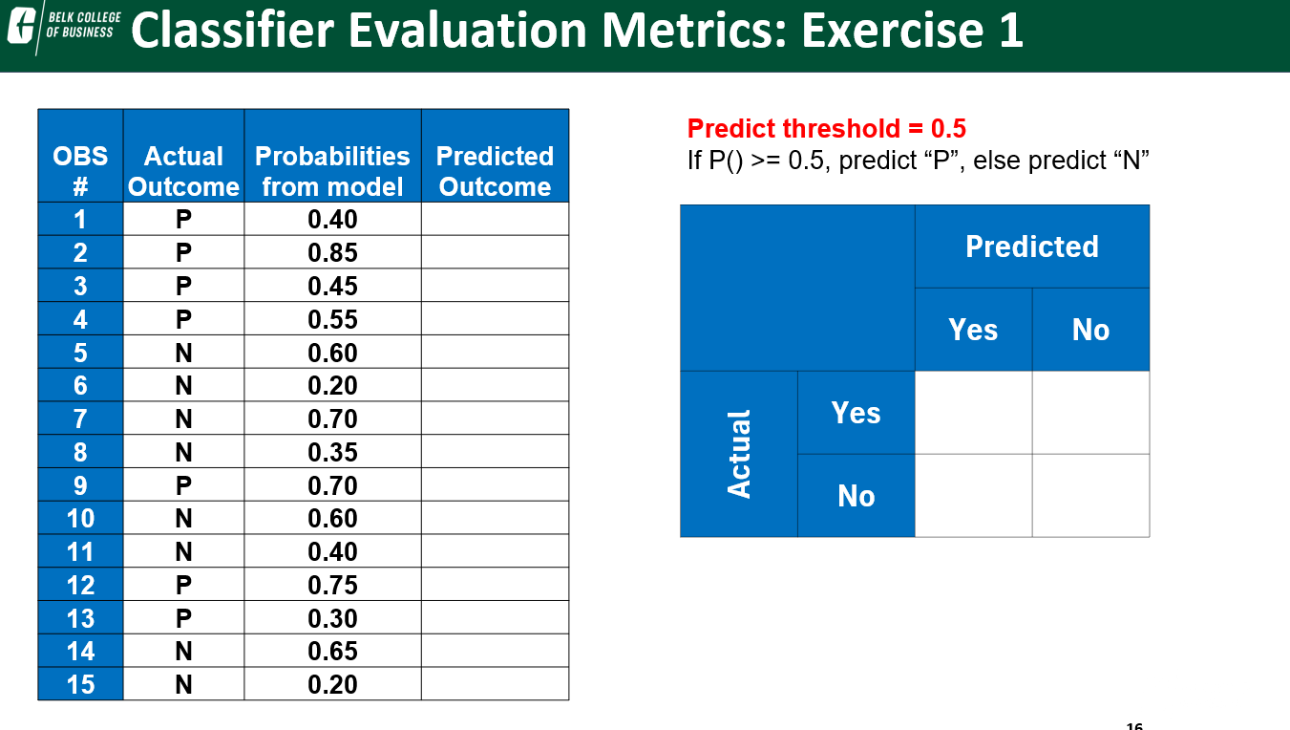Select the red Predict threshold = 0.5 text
tap(826, 128)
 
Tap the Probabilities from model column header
tap(332, 171)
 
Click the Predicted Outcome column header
tap(495, 171)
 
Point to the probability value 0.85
tap(332, 253)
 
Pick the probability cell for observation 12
tap(332, 585)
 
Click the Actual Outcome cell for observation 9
tap(183, 485)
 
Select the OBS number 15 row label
tap(80, 684)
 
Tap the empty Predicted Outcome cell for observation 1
tap(495, 220)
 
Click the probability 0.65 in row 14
tap(332, 651)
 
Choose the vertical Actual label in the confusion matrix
tap(739, 454)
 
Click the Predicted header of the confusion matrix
tap(1031, 247)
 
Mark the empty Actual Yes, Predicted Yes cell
tap(973, 413)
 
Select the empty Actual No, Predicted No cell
tap(1090, 495)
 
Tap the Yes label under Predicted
tap(973, 330)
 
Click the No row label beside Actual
tap(856, 495)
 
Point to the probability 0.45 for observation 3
tap(332, 287)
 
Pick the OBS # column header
tap(80, 171)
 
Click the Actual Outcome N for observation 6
tap(183, 385)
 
